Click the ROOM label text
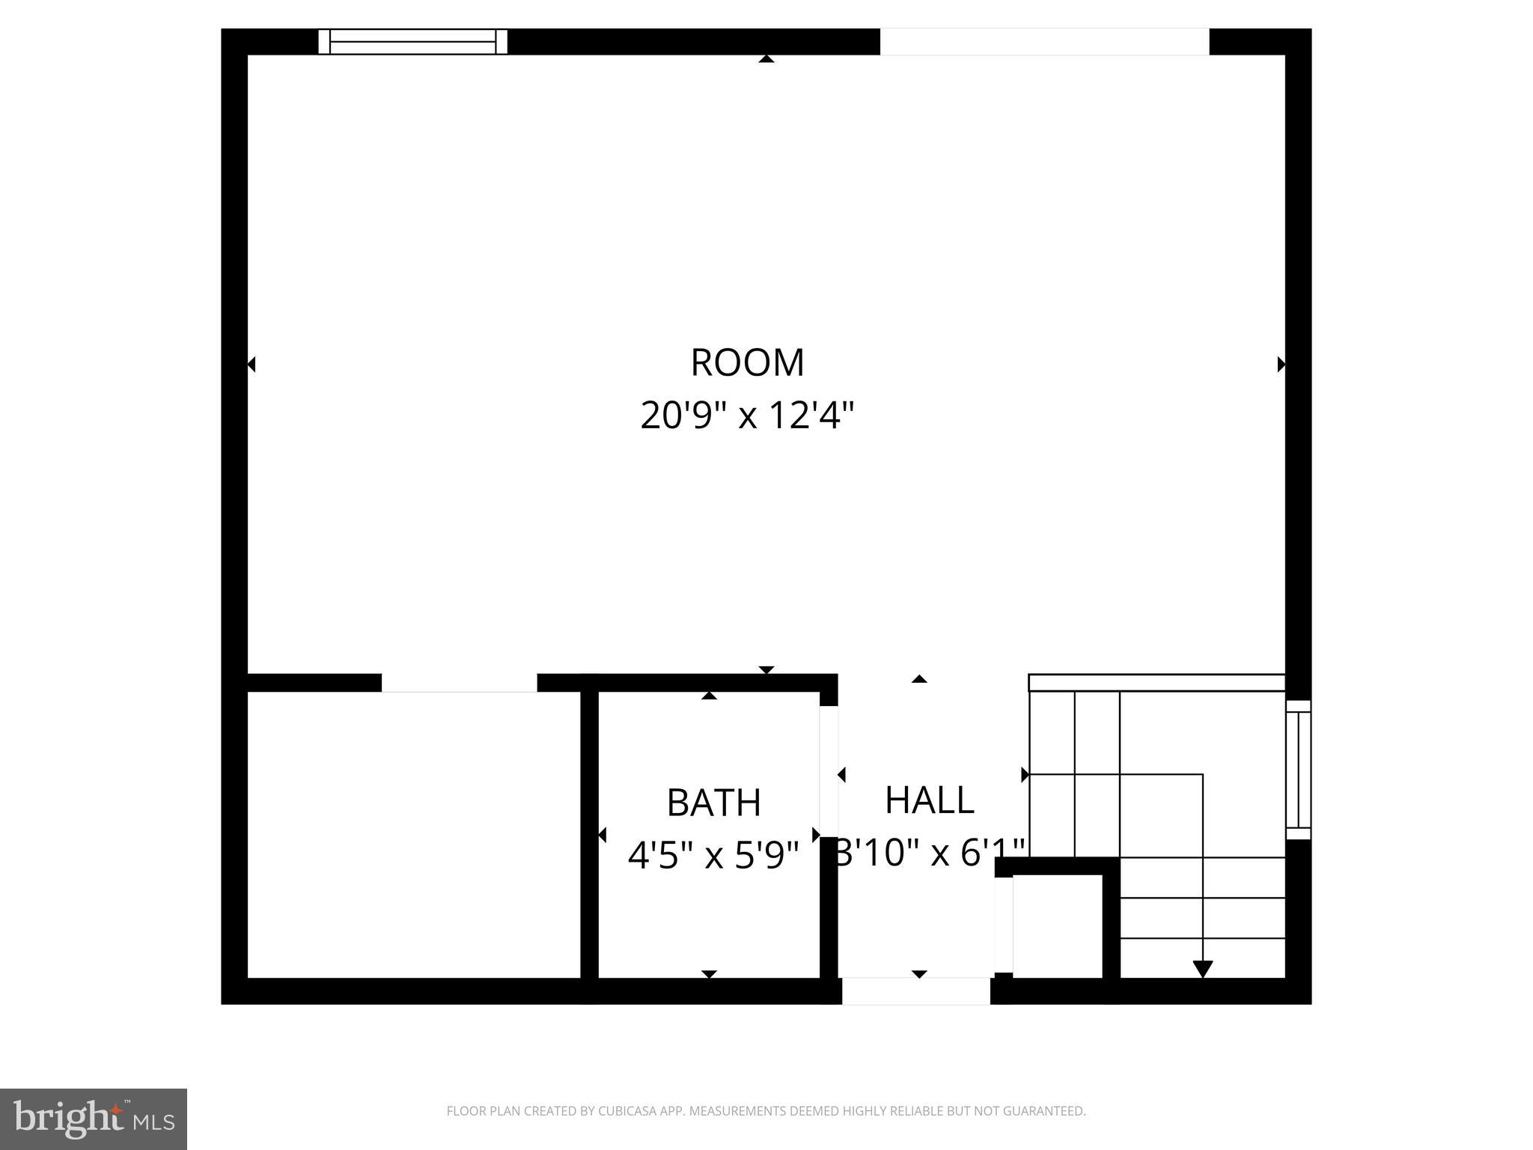pos(747,362)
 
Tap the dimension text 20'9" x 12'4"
pos(747,415)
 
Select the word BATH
pos(713,803)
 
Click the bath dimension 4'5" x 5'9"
pos(713,854)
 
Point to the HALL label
pos(929,800)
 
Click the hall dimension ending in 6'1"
pos(930,852)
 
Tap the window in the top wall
pos(413,41)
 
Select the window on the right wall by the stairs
pos(1298,770)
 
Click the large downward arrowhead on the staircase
pos(1202,969)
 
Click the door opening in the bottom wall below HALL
pos(916,991)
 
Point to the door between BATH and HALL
pos(829,771)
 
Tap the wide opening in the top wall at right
pos(1044,41)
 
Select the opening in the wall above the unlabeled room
pos(459,682)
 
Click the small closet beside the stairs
pos(1057,925)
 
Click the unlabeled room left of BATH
pos(413,834)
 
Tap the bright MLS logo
pos(93,1119)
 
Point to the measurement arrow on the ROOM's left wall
pos(252,365)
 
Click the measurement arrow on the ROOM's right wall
pos(1281,365)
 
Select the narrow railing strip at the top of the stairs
pos(1156,682)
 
